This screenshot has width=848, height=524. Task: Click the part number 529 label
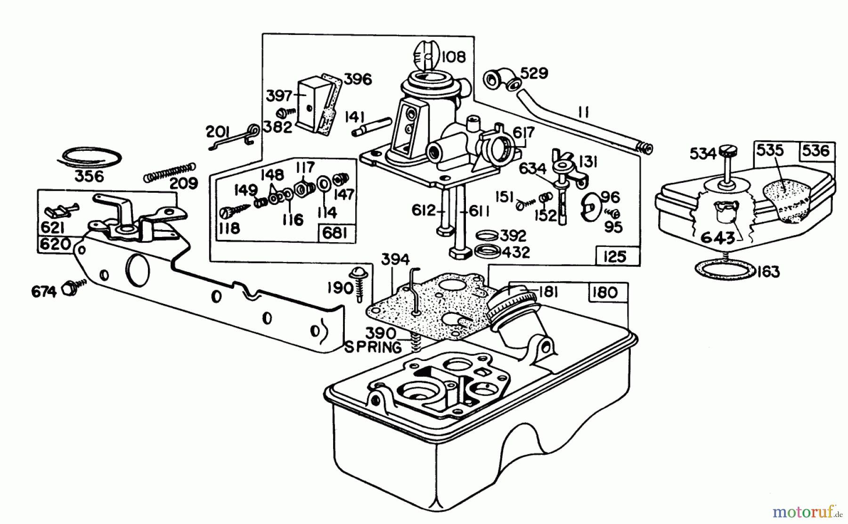tap(535, 74)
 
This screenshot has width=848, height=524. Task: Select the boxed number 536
tap(816, 151)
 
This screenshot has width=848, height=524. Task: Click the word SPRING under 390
tap(373, 348)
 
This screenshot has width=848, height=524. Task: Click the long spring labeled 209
tap(169, 172)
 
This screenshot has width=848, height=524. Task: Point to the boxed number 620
tap(56, 244)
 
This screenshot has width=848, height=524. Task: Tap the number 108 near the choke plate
tap(454, 57)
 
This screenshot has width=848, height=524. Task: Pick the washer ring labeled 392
tap(488, 234)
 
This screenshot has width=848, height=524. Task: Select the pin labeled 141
tap(372, 127)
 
